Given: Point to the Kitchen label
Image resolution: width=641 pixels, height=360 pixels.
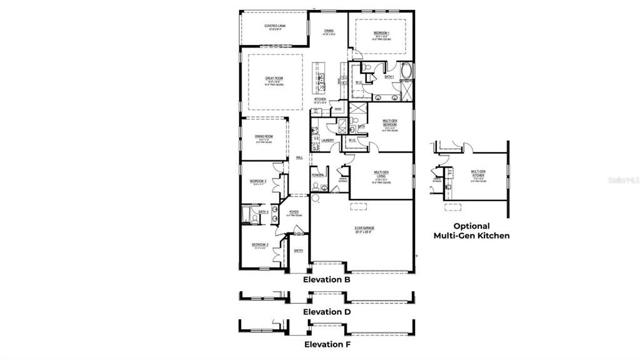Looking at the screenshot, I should point(320,99).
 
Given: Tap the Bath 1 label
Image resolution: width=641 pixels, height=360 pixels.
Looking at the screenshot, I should point(389,77).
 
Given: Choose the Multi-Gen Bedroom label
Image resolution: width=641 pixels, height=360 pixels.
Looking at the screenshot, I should point(390,121).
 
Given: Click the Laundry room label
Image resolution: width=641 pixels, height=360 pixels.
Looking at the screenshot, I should point(327,140).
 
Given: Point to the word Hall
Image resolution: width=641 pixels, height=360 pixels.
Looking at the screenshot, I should point(299,158).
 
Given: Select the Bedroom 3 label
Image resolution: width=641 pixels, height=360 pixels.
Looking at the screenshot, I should point(259,181).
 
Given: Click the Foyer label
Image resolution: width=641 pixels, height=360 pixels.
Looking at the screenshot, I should point(294,212).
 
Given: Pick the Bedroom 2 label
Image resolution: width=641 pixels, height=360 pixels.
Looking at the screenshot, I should point(260,245).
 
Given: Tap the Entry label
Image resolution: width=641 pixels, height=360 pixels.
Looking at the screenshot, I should point(299,251).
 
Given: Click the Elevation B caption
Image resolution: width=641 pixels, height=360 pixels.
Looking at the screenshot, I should point(327,280).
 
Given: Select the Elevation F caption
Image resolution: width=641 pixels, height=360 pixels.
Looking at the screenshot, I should point(327,344).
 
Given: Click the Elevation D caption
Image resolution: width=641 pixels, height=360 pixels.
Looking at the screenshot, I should point(327,311).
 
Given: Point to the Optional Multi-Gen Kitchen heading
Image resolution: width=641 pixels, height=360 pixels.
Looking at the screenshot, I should point(472,230).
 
